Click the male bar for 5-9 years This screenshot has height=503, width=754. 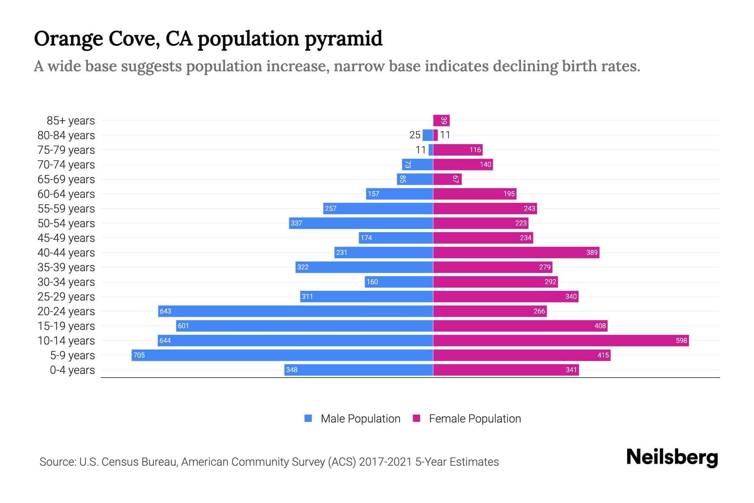click(282, 355)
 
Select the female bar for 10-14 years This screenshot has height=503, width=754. click(561, 340)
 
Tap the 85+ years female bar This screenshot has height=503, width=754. click(442, 121)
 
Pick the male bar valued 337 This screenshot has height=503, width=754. click(361, 223)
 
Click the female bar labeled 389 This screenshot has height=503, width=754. click(516, 252)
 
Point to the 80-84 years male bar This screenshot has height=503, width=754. click(428, 135)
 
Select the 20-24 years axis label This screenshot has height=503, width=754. click(66, 311)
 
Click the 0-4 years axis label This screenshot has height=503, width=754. click(72, 370)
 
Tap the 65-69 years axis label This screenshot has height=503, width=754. click(66, 179)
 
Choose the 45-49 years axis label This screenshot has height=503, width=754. click(66, 238)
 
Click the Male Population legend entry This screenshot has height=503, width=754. click(352, 418)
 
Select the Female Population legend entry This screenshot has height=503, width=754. click(467, 418)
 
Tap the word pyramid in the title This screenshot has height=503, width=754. click(343, 39)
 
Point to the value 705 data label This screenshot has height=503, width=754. click(139, 355)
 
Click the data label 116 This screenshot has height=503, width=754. click(475, 150)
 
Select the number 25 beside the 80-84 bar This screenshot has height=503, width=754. click(415, 135)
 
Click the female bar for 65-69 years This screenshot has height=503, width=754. click(447, 179)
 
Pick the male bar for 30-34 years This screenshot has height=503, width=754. click(398, 282)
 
